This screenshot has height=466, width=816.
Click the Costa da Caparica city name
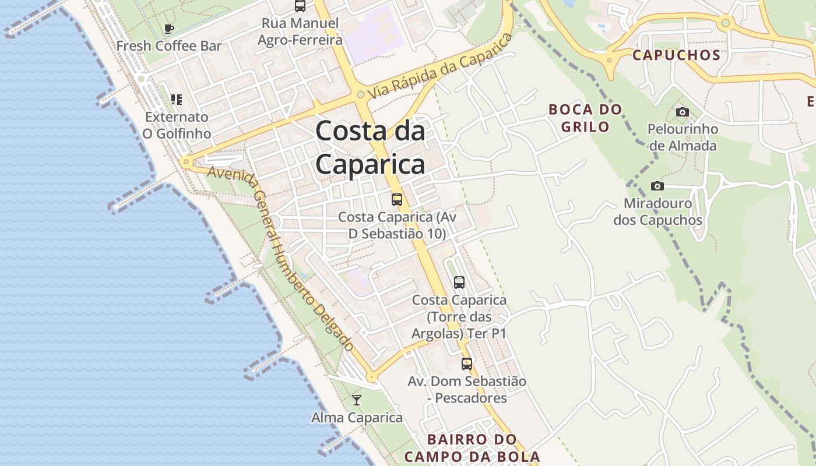(x=370, y=148)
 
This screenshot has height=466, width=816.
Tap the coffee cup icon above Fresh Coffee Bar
(x=169, y=29)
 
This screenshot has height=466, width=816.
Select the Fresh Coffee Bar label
(x=169, y=46)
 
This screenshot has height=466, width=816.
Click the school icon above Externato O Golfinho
(x=176, y=100)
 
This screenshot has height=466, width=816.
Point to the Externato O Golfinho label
(x=177, y=125)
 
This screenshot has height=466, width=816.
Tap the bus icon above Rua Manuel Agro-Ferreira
(x=300, y=6)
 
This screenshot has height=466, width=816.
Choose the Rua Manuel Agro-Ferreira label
(x=300, y=32)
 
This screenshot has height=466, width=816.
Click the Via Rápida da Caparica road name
(x=441, y=65)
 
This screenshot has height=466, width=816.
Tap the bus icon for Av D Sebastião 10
(x=397, y=200)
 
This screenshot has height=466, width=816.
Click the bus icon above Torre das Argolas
(x=459, y=283)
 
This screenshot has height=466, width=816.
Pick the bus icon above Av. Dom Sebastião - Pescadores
(x=467, y=364)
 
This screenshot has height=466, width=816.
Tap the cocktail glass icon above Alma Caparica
(x=357, y=400)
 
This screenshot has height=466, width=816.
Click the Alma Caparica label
(x=357, y=418)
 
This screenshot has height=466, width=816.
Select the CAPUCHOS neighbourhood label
(x=676, y=55)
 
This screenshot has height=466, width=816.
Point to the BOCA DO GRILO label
(x=585, y=118)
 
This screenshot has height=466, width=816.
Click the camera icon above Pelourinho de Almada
(x=682, y=112)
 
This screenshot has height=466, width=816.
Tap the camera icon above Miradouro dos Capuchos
(x=657, y=186)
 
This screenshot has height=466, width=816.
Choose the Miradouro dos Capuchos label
(x=657, y=212)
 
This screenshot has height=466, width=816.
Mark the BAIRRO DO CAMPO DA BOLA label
(x=472, y=447)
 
